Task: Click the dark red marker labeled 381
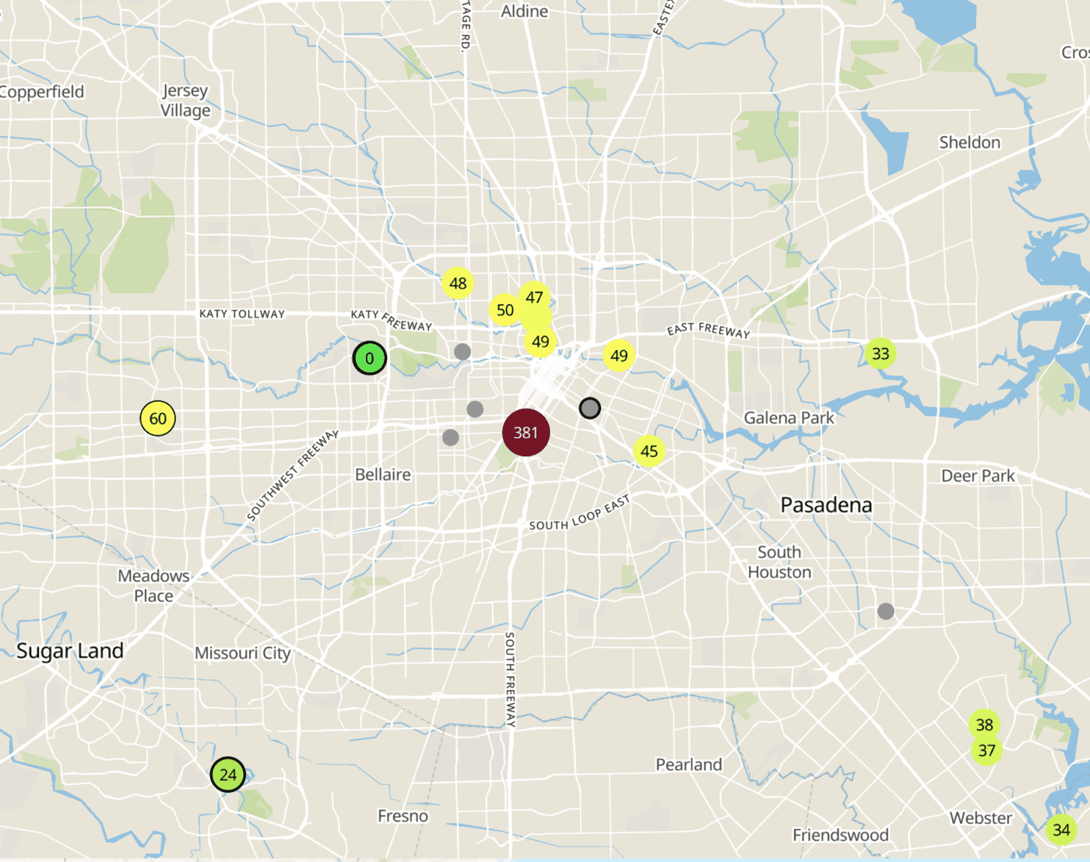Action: click(x=526, y=432)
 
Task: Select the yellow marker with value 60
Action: click(x=158, y=418)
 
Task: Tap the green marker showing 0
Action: click(x=370, y=358)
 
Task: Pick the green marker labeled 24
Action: click(x=228, y=775)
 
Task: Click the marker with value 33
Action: click(x=881, y=354)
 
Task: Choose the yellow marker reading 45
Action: click(x=649, y=451)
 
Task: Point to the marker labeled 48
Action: click(x=458, y=283)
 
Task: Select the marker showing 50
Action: click(x=505, y=310)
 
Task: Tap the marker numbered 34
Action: click(x=1061, y=829)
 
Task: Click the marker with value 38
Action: click(x=984, y=724)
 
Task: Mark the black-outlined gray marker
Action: click(x=590, y=408)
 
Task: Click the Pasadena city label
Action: click(x=826, y=505)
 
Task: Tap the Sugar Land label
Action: click(x=70, y=651)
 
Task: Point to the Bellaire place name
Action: click(x=383, y=474)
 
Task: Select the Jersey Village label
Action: click(x=185, y=100)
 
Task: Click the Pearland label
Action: click(x=689, y=765)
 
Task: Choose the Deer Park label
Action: click(x=978, y=476)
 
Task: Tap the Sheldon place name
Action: click(x=969, y=142)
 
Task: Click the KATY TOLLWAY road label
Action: click(x=242, y=314)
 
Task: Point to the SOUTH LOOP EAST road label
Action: click(x=579, y=513)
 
